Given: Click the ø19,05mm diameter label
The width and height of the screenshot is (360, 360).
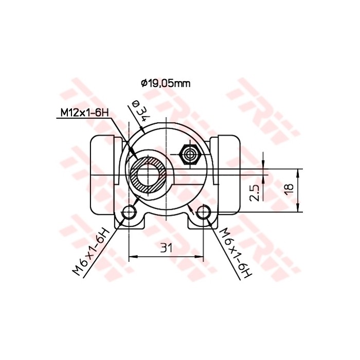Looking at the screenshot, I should (x=162, y=82).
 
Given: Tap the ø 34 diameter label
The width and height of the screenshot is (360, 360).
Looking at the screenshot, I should (x=139, y=110).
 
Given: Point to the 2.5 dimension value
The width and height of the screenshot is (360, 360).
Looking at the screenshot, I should (x=254, y=191).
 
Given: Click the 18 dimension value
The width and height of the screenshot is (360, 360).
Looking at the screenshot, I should (x=289, y=189).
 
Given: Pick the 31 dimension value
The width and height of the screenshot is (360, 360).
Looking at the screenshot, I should (x=166, y=248).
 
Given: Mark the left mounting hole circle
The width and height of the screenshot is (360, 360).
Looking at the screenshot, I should (x=129, y=212).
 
